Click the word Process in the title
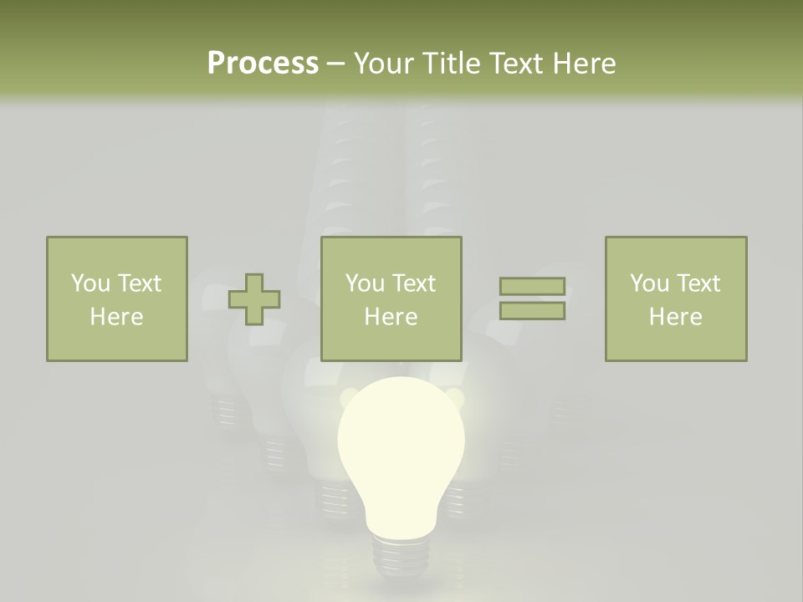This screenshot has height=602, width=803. coord(263,64)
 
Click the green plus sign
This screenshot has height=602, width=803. coord(254,299)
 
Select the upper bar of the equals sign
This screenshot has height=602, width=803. coord(532,286)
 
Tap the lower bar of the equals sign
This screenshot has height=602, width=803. coord(532,310)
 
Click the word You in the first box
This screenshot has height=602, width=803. coord(90,283)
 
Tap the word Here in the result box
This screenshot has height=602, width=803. coord(675,316)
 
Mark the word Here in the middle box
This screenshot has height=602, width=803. coord(391,316)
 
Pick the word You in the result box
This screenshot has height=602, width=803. coord(649,283)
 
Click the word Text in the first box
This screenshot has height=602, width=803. coord(139,283)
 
